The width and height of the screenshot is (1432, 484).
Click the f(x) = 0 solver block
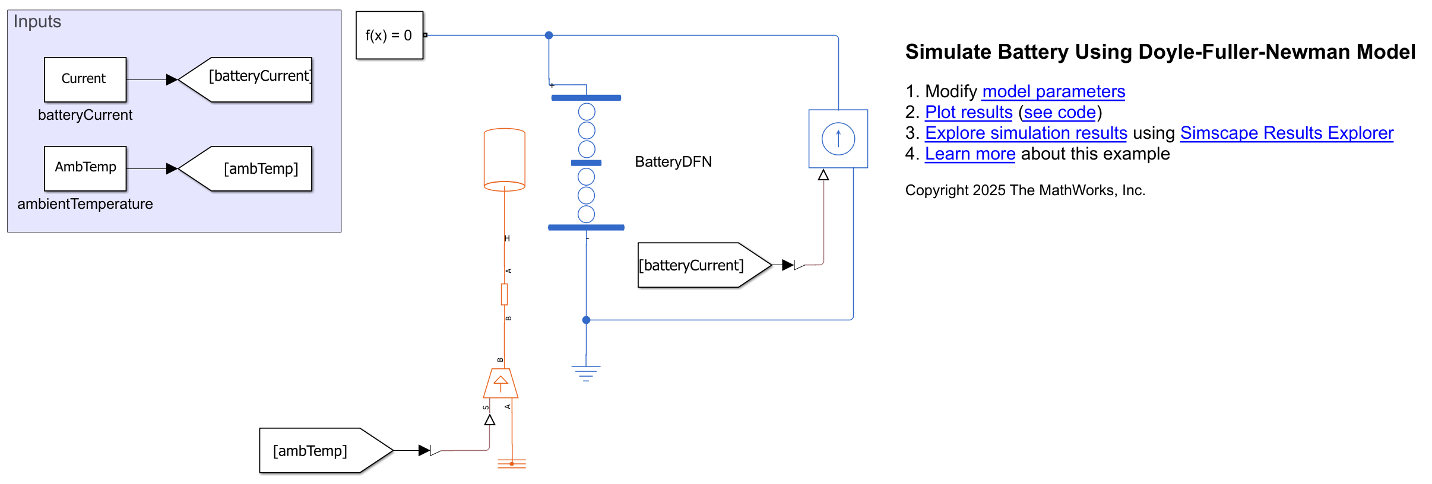click(389, 35)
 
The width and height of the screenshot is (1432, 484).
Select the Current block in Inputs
click(85, 79)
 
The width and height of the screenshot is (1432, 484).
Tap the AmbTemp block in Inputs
click(85, 168)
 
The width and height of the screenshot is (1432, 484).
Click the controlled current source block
click(838, 139)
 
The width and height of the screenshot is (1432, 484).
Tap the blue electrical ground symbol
click(586, 372)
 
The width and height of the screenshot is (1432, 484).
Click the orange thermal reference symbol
click(512, 463)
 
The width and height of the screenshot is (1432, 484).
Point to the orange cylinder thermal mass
click(505, 160)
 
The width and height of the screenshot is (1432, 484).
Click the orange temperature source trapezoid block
click(500, 384)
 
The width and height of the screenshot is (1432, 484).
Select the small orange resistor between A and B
click(504, 294)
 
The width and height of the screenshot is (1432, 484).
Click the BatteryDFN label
click(673, 162)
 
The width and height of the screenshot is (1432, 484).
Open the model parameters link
click(1053, 92)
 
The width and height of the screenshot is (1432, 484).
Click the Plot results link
click(968, 113)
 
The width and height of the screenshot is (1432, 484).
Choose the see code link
click(1059, 113)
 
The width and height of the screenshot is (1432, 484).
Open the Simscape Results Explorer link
click(1286, 133)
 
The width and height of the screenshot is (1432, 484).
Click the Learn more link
click(970, 154)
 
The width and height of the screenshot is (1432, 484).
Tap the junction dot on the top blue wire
click(549, 36)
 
